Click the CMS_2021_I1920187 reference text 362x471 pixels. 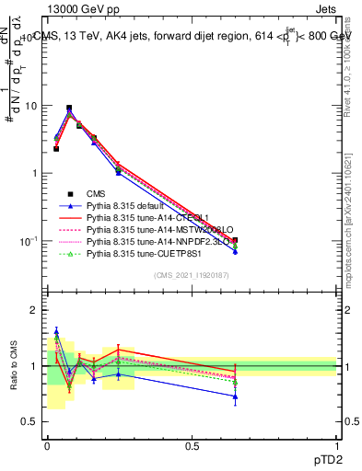tap(192, 275)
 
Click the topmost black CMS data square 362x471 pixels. tap(69, 108)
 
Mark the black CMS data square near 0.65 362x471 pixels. tap(235, 240)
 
